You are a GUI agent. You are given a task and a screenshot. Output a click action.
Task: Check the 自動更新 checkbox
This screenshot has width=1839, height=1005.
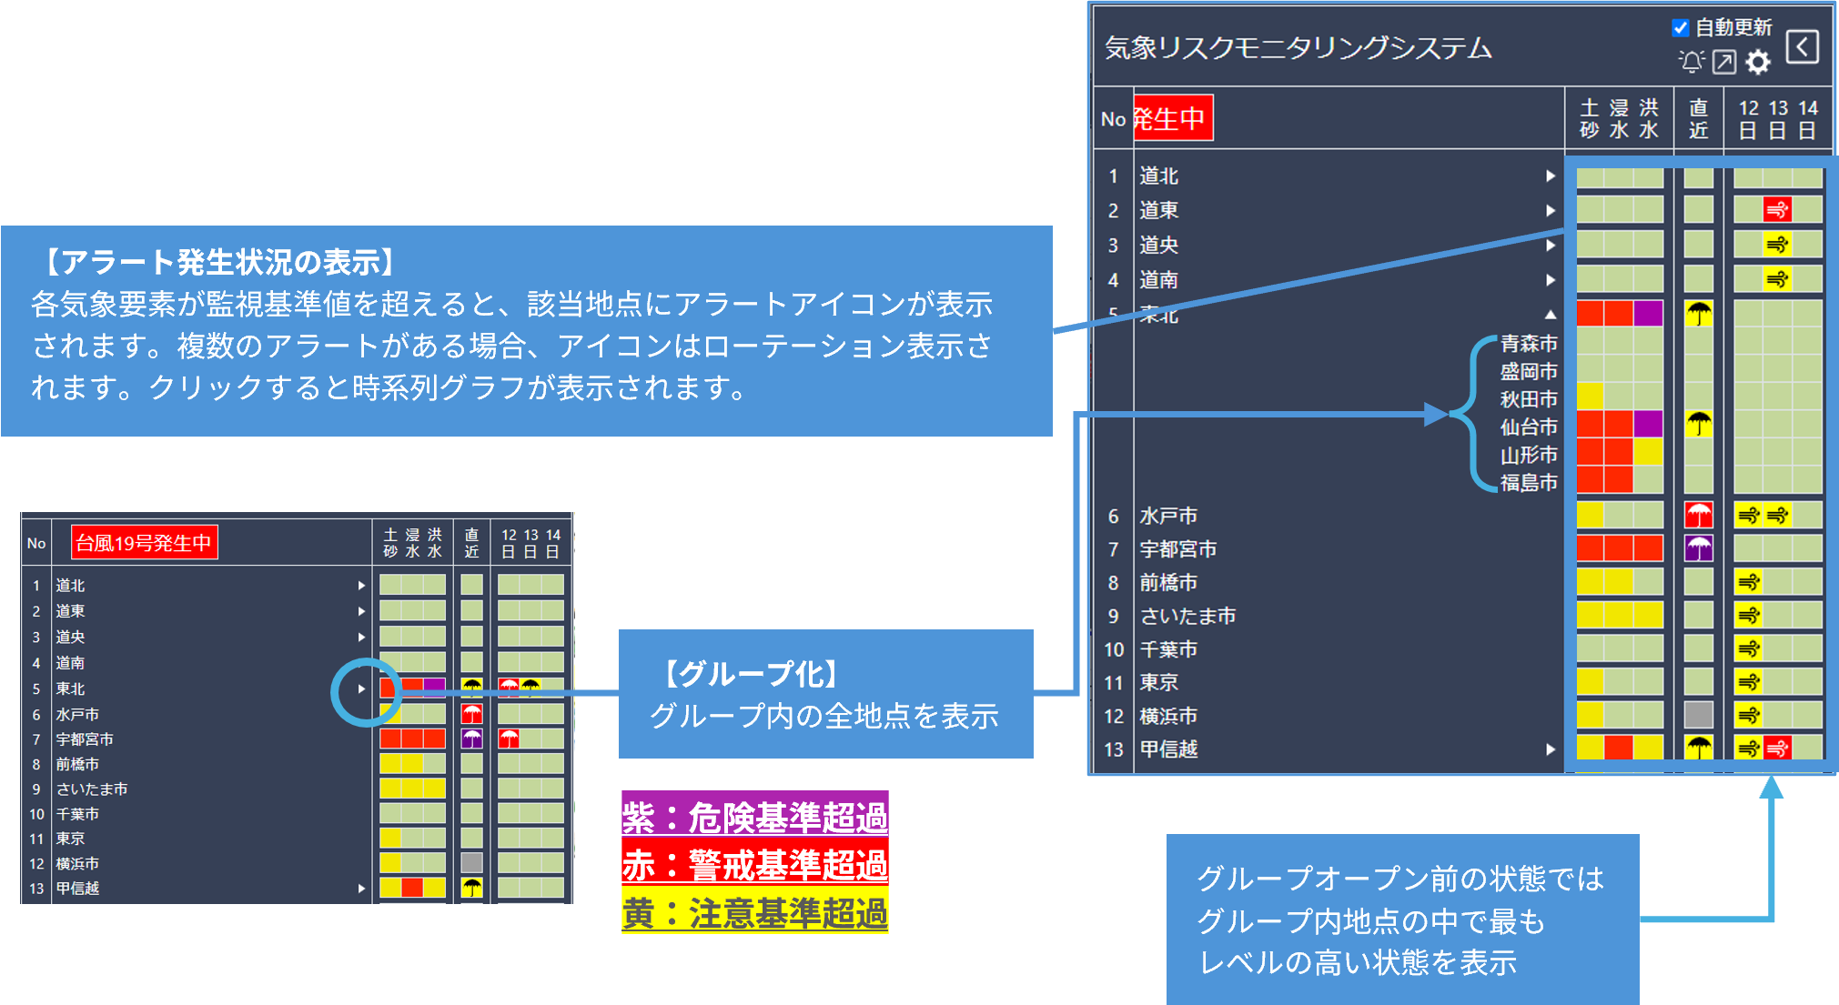point(1681,28)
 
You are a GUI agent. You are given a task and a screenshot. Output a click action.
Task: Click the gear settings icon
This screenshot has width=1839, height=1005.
point(1759,62)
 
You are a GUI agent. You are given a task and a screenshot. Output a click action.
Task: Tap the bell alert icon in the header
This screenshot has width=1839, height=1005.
point(1692,62)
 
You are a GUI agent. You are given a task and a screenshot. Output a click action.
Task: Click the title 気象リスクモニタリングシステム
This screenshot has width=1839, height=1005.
point(1298,48)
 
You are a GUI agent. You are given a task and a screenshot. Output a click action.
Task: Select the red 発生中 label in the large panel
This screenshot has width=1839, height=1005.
point(1173,118)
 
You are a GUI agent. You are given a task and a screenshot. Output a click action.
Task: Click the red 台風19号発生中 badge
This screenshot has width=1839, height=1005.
point(144,543)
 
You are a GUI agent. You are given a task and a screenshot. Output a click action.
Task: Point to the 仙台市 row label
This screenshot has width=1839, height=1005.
point(1529,427)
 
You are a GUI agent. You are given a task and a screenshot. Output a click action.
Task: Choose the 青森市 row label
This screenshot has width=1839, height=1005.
point(1529,343)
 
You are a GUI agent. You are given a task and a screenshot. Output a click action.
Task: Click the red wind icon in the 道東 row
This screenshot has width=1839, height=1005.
point(1777,210)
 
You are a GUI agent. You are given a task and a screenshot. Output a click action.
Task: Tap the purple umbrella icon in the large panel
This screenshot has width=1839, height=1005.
point(1699,548)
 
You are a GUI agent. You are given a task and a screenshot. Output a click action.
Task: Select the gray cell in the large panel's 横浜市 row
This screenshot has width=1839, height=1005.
point(1699,715)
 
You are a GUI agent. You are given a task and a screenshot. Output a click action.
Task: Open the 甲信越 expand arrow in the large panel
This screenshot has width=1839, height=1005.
point(1551,749)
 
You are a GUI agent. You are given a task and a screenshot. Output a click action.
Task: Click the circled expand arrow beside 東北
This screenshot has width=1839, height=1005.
point(361,688)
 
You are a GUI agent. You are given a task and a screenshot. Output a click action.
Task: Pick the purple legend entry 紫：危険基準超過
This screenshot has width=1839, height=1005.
point(754,816)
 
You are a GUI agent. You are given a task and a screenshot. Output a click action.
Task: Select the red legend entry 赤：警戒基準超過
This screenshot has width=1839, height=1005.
point(754,864)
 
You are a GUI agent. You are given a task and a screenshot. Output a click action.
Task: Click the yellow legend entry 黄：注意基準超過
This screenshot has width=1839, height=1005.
point(754,912)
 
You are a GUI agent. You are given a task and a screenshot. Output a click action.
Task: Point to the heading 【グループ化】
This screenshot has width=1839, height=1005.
point(752,674)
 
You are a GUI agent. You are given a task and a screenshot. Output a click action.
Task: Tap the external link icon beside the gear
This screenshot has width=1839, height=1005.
point(1724,62)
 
